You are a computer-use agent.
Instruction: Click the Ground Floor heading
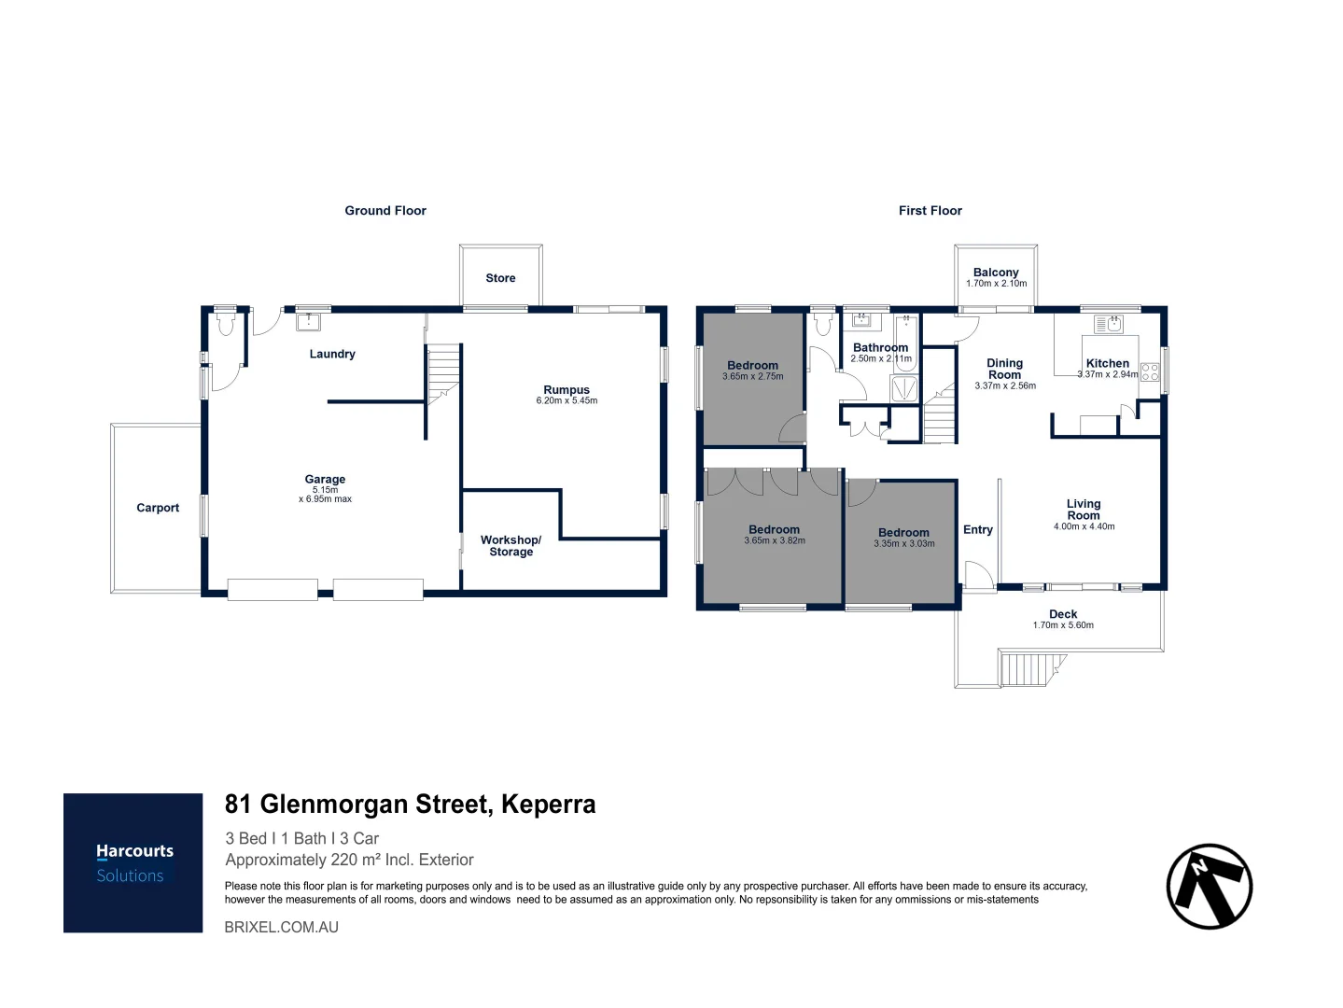[x=385, y=211]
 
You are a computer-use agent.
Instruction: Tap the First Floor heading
[x=930, y=211]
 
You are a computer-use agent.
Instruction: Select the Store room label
[x=500, y=278]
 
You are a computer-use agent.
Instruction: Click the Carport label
[x=158, y=508]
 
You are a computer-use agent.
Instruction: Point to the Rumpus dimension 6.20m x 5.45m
[x=567, y=401]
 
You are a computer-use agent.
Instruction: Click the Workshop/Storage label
[x=511, y=546]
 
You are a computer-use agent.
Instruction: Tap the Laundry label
[x=332, y=354]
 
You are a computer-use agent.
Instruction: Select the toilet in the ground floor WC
[x=224, y=324]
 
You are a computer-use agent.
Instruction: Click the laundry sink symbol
[x=308, y=322]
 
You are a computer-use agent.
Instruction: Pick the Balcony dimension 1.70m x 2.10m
[x=996, y=284]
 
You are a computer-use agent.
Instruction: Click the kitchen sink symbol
[x=1108, y=325]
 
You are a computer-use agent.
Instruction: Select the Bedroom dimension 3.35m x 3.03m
[x=903, y=544]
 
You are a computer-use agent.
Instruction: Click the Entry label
[x=978, y=529]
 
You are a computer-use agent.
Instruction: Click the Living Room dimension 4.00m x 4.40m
[x=1084, y=526]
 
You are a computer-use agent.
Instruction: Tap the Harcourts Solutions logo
[x=133, y=862]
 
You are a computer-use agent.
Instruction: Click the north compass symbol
[x=1209, y=887]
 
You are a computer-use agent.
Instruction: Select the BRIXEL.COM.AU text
[x=282, y=927]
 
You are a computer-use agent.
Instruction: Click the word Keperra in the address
[x=548, y=805]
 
